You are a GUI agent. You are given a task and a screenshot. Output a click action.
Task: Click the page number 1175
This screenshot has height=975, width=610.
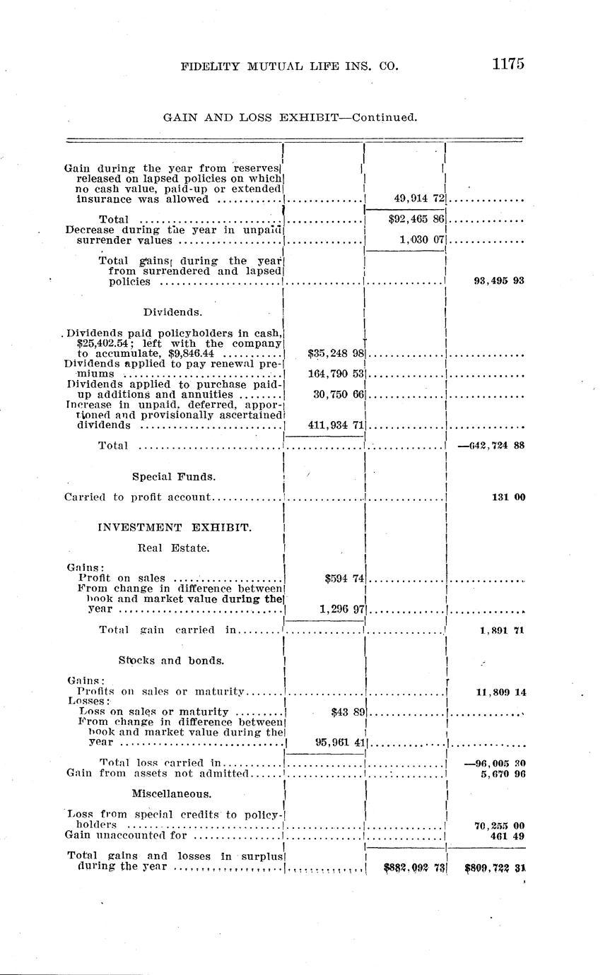508,64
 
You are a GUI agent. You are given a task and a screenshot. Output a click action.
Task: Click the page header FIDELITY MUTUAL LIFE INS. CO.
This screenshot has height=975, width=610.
290,66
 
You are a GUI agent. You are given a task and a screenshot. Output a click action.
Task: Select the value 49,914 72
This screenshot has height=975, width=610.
413,199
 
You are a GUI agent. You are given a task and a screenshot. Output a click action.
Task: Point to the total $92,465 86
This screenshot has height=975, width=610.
416,220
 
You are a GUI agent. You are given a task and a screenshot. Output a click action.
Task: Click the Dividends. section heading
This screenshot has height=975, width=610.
172,312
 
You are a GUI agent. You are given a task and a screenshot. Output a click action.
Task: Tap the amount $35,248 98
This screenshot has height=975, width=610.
336,353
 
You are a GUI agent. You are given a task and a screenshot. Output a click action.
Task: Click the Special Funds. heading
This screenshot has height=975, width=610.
174,477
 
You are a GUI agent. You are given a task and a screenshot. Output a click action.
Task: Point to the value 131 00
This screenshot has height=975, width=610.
508,497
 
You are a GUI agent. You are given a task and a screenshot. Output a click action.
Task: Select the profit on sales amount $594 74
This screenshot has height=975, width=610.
344,578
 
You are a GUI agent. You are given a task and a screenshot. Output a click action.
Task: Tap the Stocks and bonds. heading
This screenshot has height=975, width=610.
172,661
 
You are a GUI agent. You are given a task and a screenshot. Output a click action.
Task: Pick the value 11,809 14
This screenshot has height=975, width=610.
501,692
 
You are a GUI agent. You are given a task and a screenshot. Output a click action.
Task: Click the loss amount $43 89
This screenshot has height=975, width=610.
347,711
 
